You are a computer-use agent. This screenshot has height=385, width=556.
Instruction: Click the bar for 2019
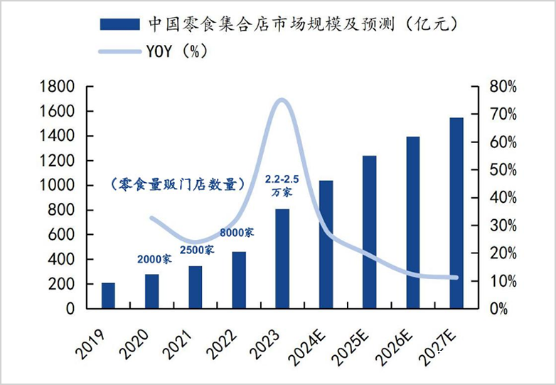[x=108, y=295]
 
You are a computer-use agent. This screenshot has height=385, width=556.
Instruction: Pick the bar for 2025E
[x=369, y=232]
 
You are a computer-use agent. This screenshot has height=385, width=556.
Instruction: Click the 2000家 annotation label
[x=154, y=259]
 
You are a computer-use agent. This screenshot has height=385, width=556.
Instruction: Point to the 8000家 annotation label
[x=237, y=232]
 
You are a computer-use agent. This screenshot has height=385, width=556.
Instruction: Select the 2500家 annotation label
[x=196, y=250]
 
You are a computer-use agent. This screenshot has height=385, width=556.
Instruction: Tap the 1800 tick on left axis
[x=59, y=87]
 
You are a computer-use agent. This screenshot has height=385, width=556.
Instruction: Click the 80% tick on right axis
[x=503, y=87]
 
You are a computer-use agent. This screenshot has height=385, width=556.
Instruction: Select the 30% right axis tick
[x=503, y=226]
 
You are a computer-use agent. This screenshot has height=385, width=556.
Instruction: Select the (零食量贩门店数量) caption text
[x=178, y=184]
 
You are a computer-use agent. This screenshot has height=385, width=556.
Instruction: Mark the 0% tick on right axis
[x=498, y=309]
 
